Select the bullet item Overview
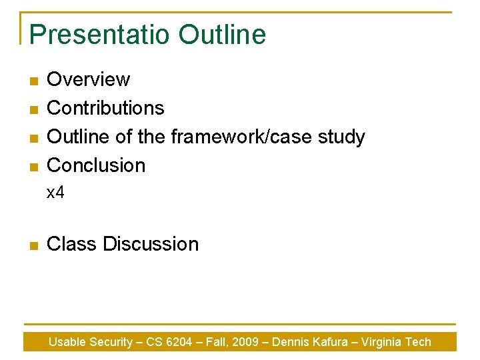pyautogui.click(x=89, y=79)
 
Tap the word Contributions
pyautogui.click(x=105, y=108)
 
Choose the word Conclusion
pyautogui.click(x=96, y=165)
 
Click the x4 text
pyautogui.click(x=55, y=193)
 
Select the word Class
pyautogui.click(x=72, y=244)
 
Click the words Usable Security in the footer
pyautogui.click(x=91, y=342)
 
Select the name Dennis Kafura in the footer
pyautogui.click(x=311, y=342)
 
